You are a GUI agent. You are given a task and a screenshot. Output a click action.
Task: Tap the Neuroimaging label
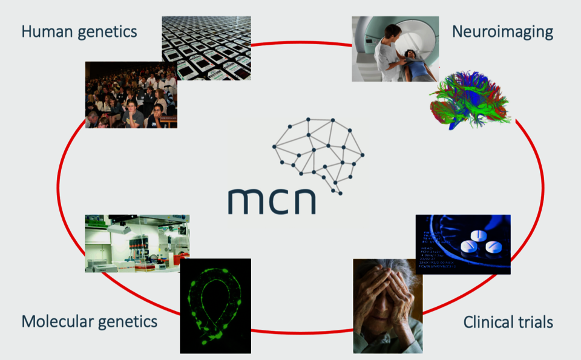(502, 31)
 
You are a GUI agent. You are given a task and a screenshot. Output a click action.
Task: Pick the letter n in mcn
(303, 202)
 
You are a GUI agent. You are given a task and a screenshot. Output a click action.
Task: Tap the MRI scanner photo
(395, 48)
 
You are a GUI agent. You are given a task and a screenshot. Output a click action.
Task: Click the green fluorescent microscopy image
(215, 306)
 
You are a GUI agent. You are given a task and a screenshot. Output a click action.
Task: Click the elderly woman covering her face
(387, 306)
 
